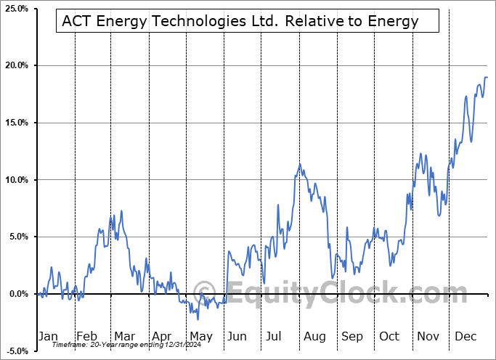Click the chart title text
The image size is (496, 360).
[240, 21]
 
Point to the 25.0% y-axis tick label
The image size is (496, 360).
[17, 9]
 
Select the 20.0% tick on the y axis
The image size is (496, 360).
[17, 66]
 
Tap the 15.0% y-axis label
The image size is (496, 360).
[17, 123]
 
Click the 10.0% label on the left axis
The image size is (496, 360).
[17, 180]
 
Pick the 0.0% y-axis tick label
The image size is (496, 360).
[18, 294]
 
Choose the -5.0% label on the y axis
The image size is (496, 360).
[17, 351]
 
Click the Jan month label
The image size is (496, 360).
[47, 336]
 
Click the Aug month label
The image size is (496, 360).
[314, 336]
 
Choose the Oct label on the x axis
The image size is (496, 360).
[389, 336]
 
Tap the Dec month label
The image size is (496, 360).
[465, 336]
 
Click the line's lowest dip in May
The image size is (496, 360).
[198, 319]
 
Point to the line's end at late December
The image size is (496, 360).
[487, 77]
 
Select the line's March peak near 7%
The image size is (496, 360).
[121, 210]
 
